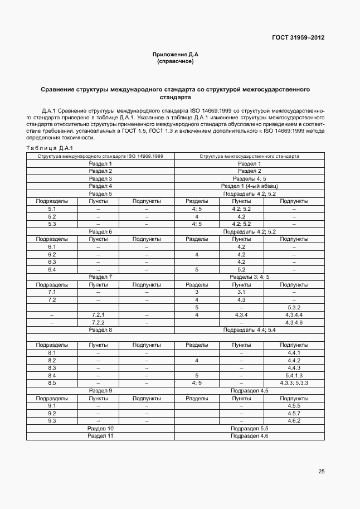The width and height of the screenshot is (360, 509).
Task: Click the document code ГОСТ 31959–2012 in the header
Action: (x=298, y=38)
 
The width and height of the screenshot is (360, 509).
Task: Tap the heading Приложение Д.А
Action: (x=175, y=55)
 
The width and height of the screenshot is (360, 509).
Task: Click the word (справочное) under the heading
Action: (x=175, y=61)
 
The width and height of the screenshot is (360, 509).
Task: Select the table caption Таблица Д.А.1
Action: (x=50, y=148)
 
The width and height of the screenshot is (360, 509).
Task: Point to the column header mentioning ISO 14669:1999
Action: (x=100, y=156)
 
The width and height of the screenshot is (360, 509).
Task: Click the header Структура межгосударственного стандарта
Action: (x=249, y=156)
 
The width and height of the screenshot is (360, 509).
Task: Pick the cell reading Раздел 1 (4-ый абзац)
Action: (x=249, y=186)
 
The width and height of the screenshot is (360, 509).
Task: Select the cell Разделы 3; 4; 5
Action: (x=249, y=277)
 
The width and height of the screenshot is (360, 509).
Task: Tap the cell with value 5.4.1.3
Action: (x=294, y=375)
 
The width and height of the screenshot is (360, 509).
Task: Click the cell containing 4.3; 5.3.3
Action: (x=294, y=382)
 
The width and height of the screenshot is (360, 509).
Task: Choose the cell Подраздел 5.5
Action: (x=249, y=428)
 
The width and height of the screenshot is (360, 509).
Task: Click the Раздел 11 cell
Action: (x=100, y=435)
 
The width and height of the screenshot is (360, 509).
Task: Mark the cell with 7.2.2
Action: (x=98, y=322)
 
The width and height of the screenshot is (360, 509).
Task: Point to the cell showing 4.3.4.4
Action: (x=294, y=315)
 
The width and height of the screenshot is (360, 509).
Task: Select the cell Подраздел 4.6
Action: (x=249, y=435)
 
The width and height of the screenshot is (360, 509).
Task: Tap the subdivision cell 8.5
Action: (x=52, y=382)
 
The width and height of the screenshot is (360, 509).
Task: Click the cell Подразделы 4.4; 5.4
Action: (x=249, y=330)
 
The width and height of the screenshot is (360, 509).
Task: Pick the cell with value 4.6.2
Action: (x=294, y=420)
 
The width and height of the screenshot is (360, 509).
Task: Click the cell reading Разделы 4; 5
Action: (x=249, y=178)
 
